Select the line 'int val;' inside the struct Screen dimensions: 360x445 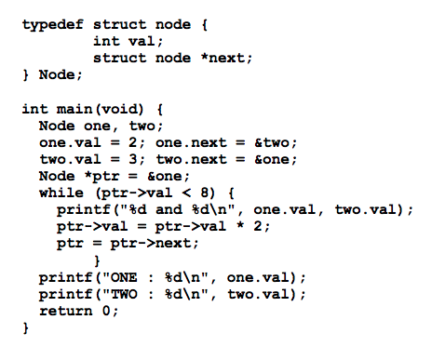click(x=128, y=40)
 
